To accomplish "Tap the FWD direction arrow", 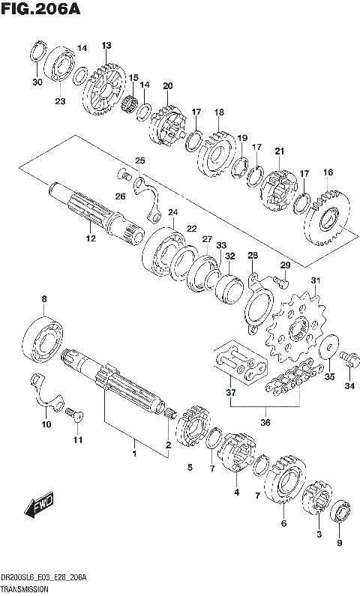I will click(38, 508).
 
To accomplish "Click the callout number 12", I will click(91, 239).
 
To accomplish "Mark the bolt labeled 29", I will click(281, 283).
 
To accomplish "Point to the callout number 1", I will click(135, 454).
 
